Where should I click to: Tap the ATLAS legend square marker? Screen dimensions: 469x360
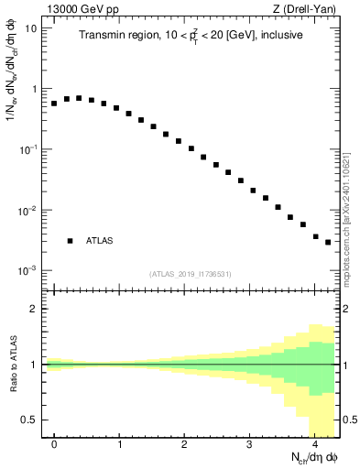pos(70,241)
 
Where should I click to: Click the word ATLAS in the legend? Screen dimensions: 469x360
pos(100,241)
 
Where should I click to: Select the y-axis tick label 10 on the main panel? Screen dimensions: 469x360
pos(30,27)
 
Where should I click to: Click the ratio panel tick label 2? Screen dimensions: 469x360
pos(33,309)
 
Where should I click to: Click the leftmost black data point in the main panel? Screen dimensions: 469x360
pos(54,104)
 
